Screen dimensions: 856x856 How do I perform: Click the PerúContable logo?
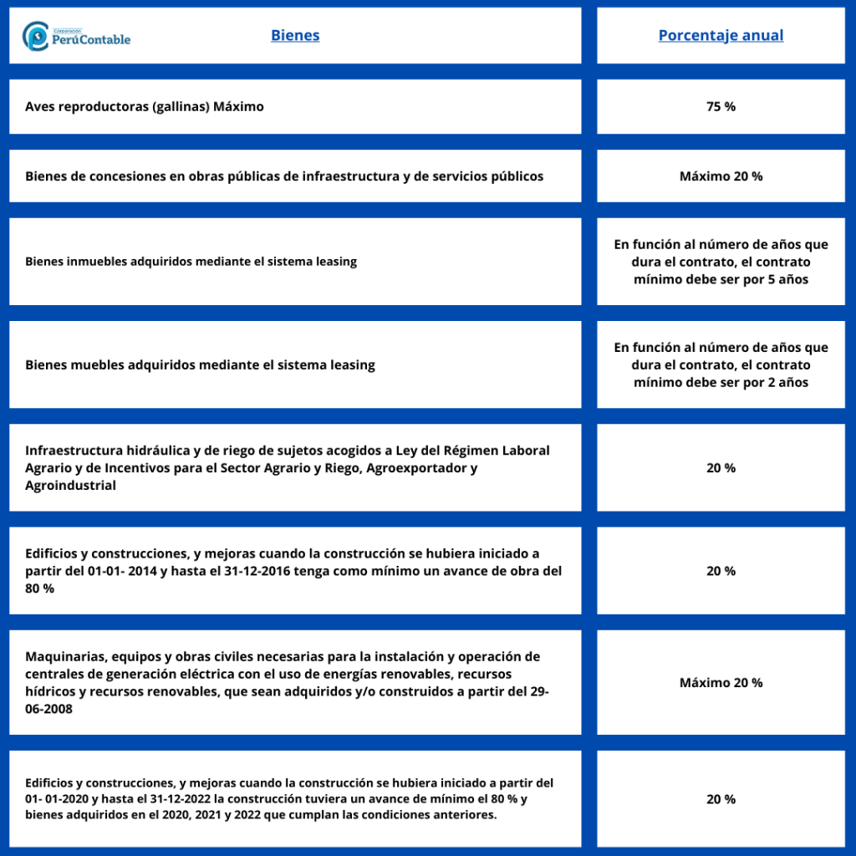tap(77, 36)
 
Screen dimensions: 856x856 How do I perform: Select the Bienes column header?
tap(295, 36)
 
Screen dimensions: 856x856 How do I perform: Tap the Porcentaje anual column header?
tap(721, 36)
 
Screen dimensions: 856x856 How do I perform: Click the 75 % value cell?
tap(721, 107)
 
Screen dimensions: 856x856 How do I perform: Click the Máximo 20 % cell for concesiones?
tap(721, 176)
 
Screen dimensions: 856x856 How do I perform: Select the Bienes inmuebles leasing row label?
tap(191, 262)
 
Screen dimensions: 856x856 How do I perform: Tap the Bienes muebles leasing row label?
tap(200, 365)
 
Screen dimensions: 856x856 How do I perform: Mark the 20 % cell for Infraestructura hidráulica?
tap(721, 468)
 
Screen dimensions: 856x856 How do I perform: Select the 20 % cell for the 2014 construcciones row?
tap(721, 571)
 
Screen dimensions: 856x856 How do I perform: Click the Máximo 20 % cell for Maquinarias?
tap(721, 683)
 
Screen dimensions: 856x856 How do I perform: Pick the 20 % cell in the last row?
tap(721, 799)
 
